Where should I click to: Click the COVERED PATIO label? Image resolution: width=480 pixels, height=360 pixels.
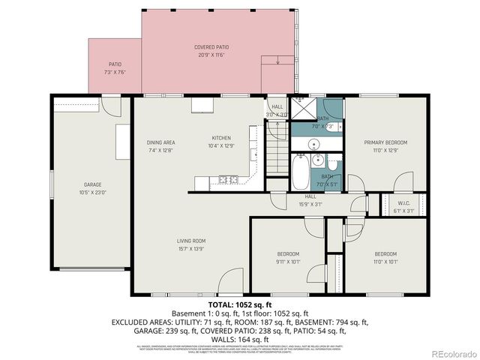213,47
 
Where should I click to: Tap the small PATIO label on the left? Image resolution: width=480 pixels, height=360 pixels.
115,64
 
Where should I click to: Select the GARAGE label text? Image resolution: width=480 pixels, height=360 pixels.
92,184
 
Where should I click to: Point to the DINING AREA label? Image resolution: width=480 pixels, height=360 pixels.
160,142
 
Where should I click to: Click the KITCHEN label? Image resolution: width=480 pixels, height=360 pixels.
220,138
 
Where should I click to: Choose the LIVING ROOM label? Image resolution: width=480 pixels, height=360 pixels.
191,241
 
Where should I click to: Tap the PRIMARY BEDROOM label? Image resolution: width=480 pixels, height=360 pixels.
385,142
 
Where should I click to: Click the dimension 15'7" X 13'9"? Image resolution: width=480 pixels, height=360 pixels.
191,248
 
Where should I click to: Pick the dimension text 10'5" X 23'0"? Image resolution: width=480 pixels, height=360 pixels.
92,192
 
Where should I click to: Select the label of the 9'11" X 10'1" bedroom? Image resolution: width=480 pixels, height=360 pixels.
287,254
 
